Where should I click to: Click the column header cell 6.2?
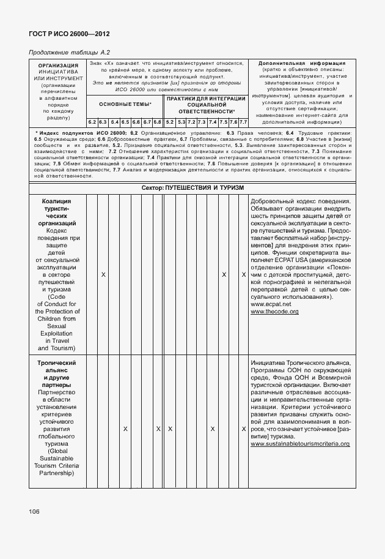coord(92,122)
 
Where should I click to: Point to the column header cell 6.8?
coord(157,122)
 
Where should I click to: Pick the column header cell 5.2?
coord(170,122)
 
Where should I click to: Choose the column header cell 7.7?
coord(243,122)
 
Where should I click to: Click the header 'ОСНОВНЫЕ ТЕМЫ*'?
coord(125,105)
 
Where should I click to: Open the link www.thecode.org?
coord(274,312)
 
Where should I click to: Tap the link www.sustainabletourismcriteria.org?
coord(300,443)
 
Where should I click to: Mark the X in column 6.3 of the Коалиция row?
coord(103,275)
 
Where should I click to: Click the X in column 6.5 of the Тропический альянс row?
coord(125,429)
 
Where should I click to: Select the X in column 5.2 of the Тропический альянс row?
coord(170,429)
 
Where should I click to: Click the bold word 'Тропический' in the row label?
coord(57,363)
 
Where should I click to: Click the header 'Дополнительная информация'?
coord(302,63)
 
